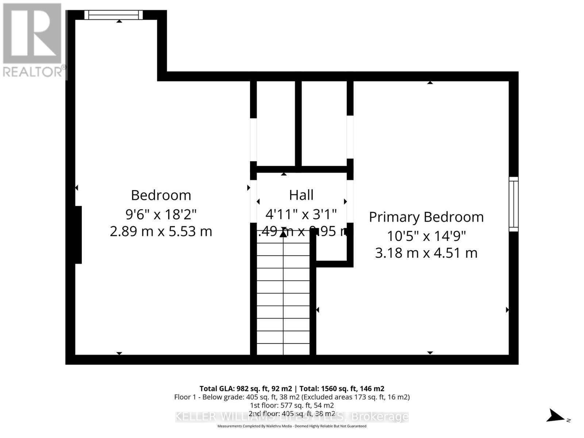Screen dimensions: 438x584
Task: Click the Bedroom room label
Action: point(161,195)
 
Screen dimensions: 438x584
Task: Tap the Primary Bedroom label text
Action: point(426,217)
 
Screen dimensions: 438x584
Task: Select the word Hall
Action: point(301,195)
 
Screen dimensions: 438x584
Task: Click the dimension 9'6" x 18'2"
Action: point(161,214)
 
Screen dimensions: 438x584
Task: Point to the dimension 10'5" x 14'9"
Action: point(426,236)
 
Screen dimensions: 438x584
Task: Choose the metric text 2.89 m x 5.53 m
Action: point(161,231)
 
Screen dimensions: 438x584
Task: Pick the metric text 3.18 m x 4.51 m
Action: point(426,253)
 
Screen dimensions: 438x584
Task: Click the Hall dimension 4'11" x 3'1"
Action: point(301,214)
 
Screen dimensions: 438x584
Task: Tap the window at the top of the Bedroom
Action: point(114,15)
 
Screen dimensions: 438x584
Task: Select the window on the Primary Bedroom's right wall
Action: point(514,204)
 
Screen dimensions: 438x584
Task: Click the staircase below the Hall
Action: point(283,296)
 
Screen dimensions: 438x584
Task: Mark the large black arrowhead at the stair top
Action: point(283,234)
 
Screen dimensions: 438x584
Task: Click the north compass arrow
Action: point(556,415)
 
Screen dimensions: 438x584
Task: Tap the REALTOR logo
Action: point(33,40)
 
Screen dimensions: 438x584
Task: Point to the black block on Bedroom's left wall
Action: point(78,235)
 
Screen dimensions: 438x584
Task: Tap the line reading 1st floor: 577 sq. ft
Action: point(292,406)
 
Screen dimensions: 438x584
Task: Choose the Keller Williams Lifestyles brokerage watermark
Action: point(292,416)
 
